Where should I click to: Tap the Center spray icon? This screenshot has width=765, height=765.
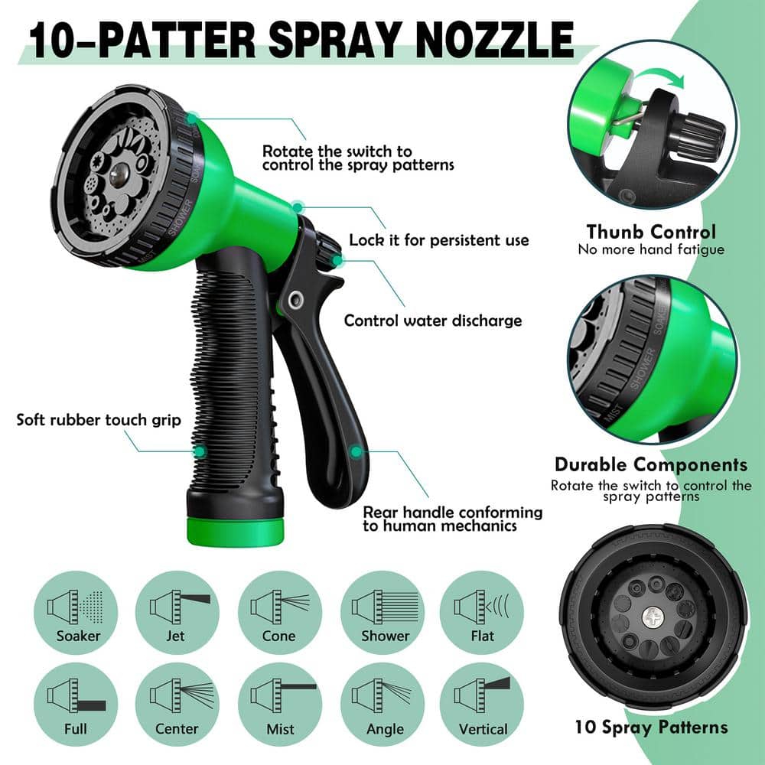(177, 702)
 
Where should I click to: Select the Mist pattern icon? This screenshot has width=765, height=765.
(280, 702)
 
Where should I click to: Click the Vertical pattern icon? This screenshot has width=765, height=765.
(482, 702)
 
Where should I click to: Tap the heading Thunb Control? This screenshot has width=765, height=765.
(651, 232)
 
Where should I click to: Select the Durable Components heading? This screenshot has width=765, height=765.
(650, 464)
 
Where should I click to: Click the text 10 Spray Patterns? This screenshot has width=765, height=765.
(651, 727)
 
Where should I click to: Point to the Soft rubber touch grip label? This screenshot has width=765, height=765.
(99, 420)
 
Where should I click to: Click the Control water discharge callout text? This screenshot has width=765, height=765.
(433, 321)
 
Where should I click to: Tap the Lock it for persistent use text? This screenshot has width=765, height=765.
(439, 240)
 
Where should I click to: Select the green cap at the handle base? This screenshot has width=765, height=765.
(236, 530)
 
